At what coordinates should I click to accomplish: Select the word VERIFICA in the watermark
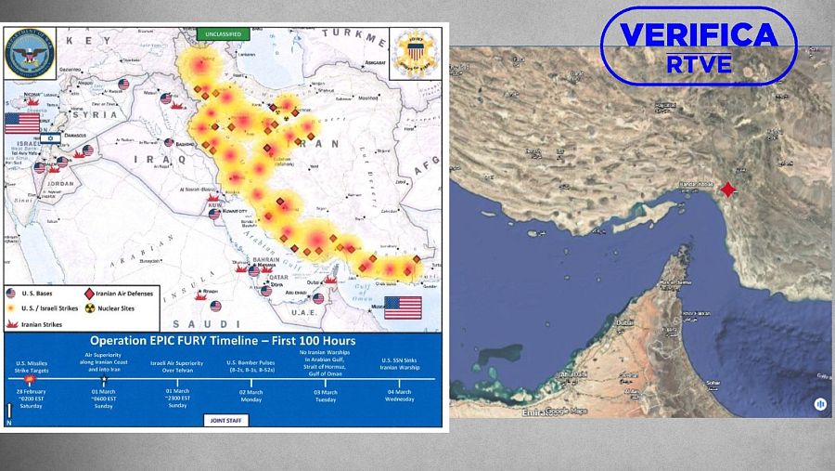(x=699, y=35)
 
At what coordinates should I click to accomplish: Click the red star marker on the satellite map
(x=728, y=190)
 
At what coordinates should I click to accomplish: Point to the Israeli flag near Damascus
(x=49, y=138)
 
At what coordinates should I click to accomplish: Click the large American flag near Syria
(x=22, y=123)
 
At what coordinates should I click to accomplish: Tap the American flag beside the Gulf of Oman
(x=403, y=307)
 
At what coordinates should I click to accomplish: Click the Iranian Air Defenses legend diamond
(x=90, y=293)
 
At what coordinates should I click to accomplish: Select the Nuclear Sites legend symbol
(x=90, y=306)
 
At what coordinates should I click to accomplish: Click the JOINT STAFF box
(x=225, y=420)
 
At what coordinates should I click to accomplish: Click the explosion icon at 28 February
(x=31, y=379)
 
